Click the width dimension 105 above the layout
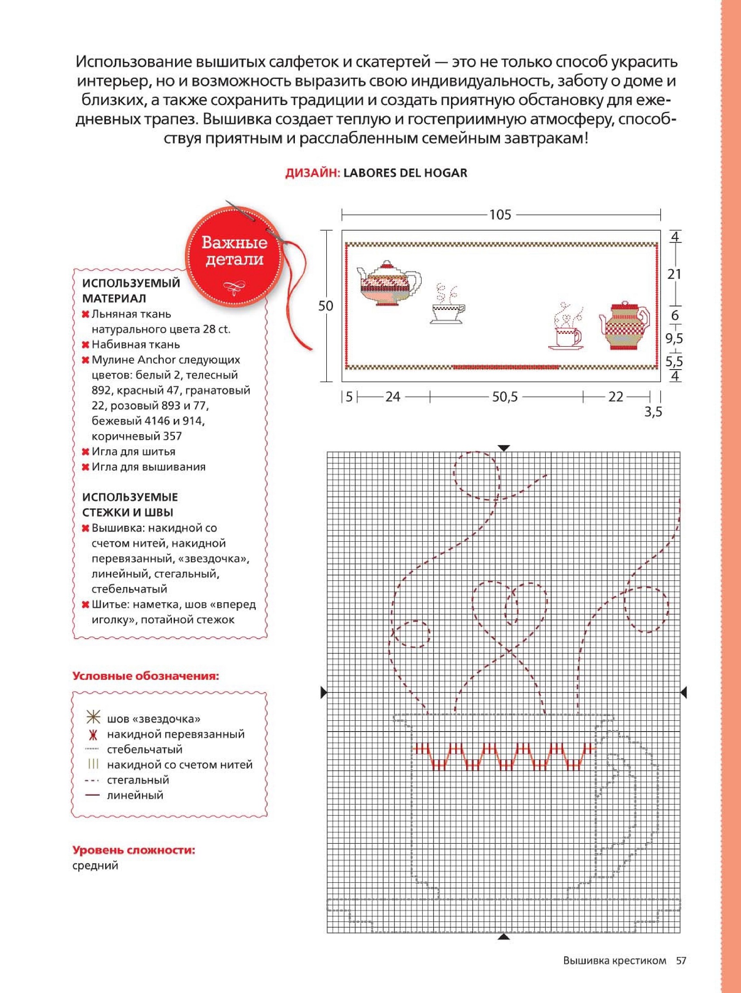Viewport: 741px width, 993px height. coord(500,215)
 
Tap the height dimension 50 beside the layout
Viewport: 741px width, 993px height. coord(326,306)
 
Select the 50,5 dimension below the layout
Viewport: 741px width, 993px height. coord(505,396)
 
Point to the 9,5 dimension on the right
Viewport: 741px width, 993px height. coord(674,338)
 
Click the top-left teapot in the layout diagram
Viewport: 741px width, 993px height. coord(389,284)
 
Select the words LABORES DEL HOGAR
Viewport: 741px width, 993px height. coord(405,173)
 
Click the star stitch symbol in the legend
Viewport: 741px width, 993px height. coord(93,718)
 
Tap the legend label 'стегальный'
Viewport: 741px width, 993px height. coord(138,780)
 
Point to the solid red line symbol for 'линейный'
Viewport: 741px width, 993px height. coord(92,795)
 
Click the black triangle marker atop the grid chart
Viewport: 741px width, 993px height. coord(504,448)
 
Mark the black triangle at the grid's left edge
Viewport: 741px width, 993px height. coord(324,692)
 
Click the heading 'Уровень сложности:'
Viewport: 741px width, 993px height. coord(134,850)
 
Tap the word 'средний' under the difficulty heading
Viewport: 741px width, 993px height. coord(95,865)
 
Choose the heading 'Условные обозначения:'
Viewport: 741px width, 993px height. coord(146,676)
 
